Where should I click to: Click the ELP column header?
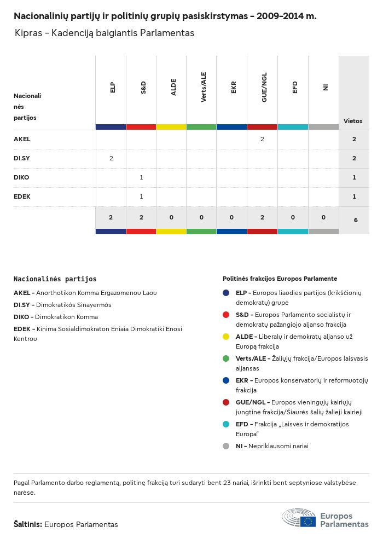pyautogui.click(x=112, y=87)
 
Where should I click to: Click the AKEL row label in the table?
pyautogui.click(x=22, y=140)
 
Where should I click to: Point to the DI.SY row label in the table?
pyautogui.click(x=22, y=159)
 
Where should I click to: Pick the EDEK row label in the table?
pyautogui.click(x=22, y=196)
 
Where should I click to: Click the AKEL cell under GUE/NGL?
pyautogui.click(x=262, y=140)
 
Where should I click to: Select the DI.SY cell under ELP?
pyautogui.click(x=111, y=159)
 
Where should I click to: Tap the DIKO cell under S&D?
pyautogui.click(x=141, y=177)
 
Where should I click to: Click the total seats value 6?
pyautogui.click(x=355, y=220)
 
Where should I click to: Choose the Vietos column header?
pyautogui.click(x=353, y=121)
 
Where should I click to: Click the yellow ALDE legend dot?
pyautogui.click(x=226, y=337)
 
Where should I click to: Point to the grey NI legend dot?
pyautogui.click(x=226, y=446)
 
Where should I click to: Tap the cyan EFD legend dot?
pyautogui.click(x=226, y=424)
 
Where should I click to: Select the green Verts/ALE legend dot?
pyautogui.click(x=226, y=358)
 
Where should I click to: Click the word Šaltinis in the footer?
pyautogui.click(x=27, y=524)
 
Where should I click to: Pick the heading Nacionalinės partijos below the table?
pyautogui.click(x=55, y=279)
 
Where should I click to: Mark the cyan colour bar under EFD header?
pyautogui.click(x=293, y=127)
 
